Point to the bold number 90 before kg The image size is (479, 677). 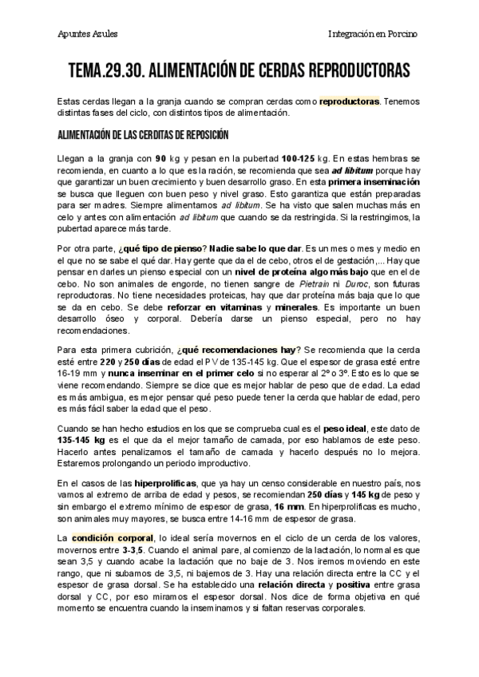coord(160,160)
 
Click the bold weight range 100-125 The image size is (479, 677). coord(303,160)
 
